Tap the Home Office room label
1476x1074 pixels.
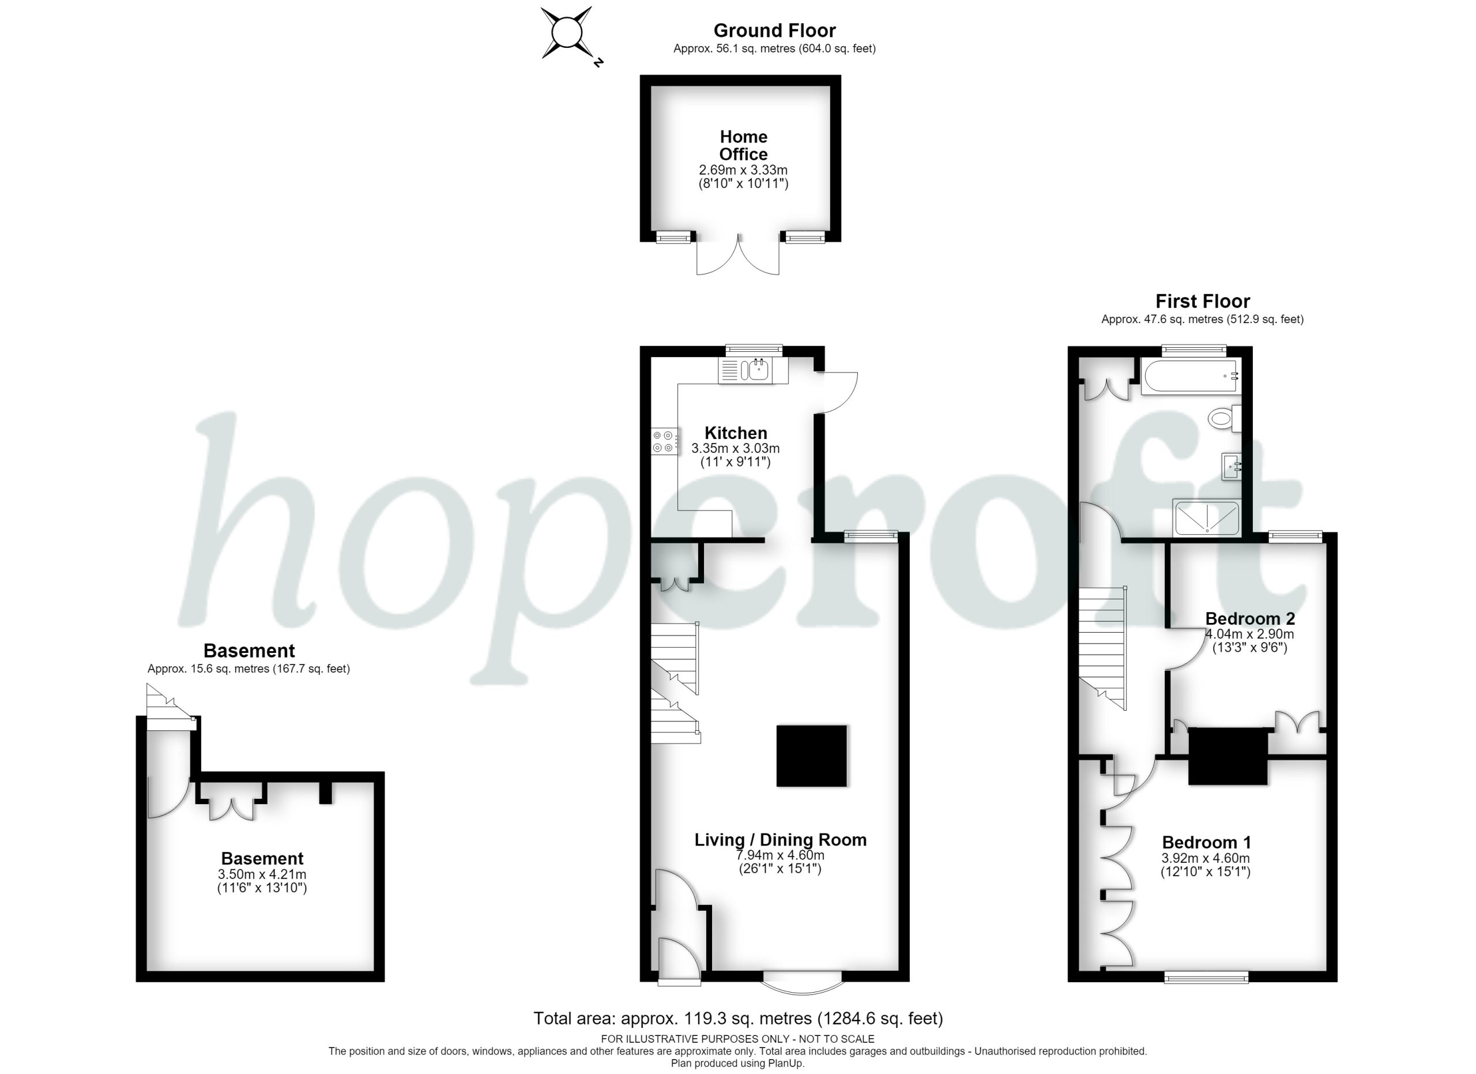coord(743,145)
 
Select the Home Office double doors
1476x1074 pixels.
coord(738,254)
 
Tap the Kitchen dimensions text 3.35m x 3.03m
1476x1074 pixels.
coord(735,449)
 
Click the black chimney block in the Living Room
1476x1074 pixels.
coord(812,756)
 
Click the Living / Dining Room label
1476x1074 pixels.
coord(780,840)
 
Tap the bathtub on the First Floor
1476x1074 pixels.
coord(1189,376)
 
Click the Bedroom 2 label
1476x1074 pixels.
coord(1250,618)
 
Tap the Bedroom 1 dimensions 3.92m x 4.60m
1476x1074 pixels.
coord(1205,858)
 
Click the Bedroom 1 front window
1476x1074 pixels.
coord(1206,977)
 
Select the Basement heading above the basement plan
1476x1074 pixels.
coord(249,650)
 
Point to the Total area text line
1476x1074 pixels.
coord(738,1019)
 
